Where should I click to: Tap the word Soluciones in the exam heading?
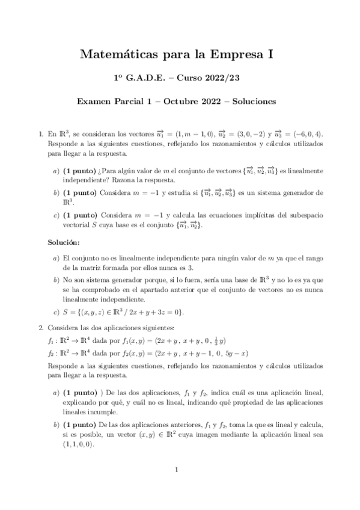click(x=252, y=102)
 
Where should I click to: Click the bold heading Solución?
click(x=64, y=242)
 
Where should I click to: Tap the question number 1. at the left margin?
click(x=40, y=135)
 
